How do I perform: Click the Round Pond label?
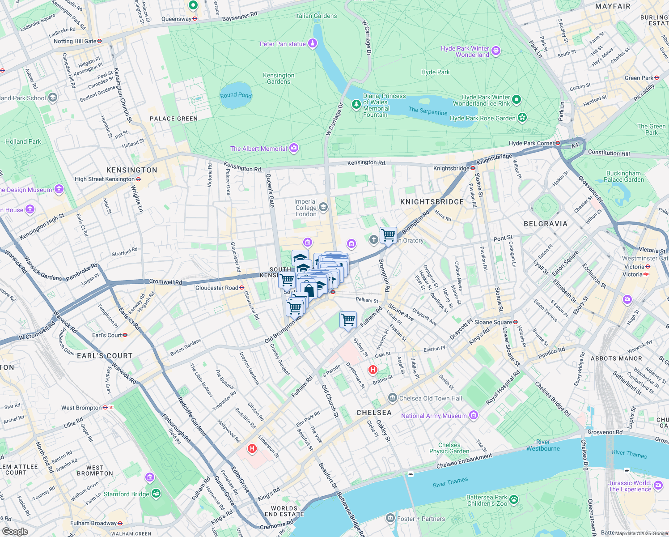point(236,95)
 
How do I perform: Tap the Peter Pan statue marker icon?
point(313,44)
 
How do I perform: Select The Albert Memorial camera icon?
point(294,148)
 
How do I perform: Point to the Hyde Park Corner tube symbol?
point(558,143)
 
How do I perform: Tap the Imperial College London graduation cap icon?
point(323,207)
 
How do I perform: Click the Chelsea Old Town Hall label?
point(430,398)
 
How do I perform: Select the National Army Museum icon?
point(474,416)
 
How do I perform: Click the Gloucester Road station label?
point(216,288)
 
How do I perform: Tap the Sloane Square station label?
point(493,322)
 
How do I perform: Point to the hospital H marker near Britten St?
point(373,370)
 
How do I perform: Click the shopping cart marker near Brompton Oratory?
point(388,235)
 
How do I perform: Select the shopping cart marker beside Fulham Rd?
point(348,320)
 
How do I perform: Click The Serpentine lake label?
point(428,111)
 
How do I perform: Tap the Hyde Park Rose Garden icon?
point(522,118)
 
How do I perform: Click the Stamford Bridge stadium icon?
point(156,494)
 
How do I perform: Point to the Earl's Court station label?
point(106,335)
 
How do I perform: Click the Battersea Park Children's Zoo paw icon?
point(514,499)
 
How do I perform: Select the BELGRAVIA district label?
point(545,224)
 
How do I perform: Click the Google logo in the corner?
point(15,531)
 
